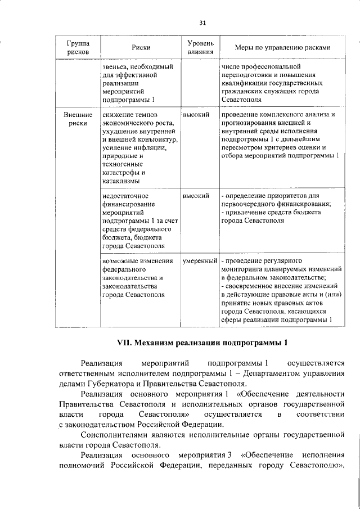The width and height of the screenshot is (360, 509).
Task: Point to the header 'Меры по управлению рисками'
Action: tap(274, 48)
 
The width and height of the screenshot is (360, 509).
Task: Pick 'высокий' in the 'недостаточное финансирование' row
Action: tap(196, 196)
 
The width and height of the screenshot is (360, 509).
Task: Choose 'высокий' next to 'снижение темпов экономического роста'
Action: tap(196, 115)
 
